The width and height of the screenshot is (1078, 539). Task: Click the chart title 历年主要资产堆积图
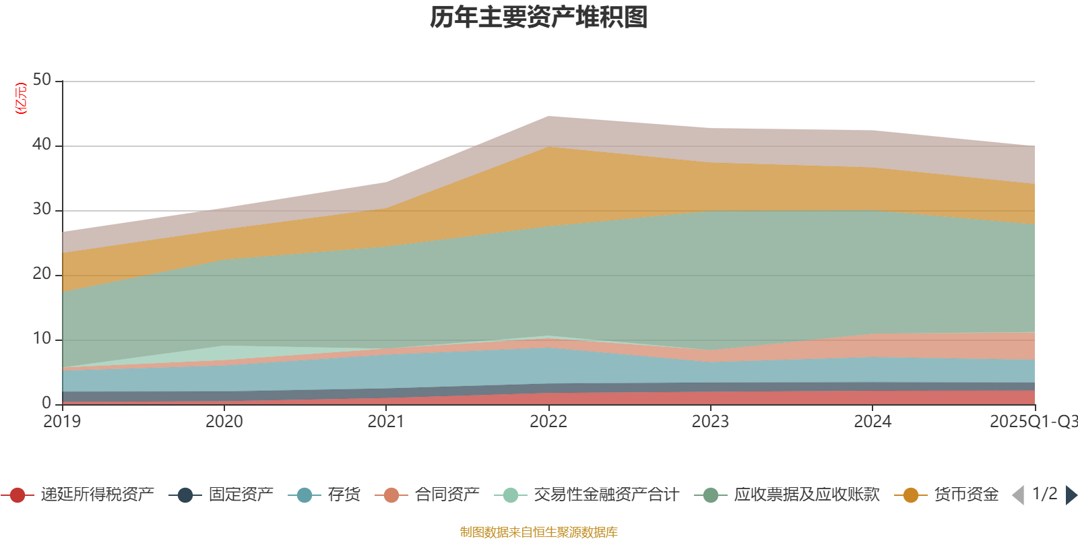pyautogui.click(x=539, y=18)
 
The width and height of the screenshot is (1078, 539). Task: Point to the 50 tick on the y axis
pyautogui.click(x=42, y=80)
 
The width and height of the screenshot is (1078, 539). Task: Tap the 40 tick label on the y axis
pyautogui.click(x=42, y=144)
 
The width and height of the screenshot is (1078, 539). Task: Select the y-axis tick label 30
pyautogui.click(x=42, y=209)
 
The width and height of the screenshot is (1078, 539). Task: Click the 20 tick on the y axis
pyautogui.click(x=42, y=274)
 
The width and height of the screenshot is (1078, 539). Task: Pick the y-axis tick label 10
pyautogui.click(x=42, y=338)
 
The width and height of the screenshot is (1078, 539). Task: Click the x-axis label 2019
pyautogui.click(x=62, y=421)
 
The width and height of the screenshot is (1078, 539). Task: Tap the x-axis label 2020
pyautogui.click(x=224, y=421)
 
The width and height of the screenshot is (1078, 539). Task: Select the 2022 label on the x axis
pyautogui.click(x=548, y=421)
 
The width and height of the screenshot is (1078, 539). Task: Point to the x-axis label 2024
pyautogui.click(x=873, y=421)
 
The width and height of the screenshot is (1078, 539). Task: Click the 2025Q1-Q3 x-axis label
pyautogui.click(x=1032, y=421)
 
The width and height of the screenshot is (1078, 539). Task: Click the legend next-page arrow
pyautogui.click(x=1071, y=495)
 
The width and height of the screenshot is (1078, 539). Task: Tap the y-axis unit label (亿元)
pyautogui.click(x=22, y=98)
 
